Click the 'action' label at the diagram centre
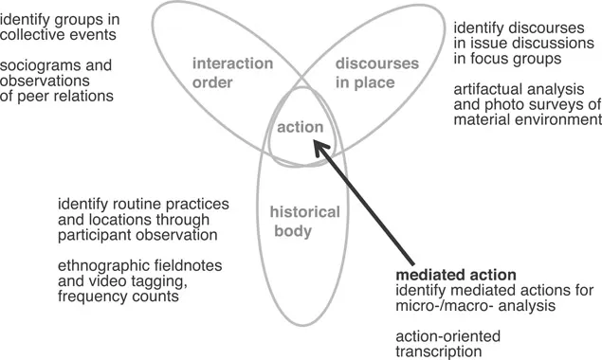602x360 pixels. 300,127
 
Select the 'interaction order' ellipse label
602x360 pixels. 232,72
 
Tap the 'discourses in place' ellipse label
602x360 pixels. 377,72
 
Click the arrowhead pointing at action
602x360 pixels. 319,148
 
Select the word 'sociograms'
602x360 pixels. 36,66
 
